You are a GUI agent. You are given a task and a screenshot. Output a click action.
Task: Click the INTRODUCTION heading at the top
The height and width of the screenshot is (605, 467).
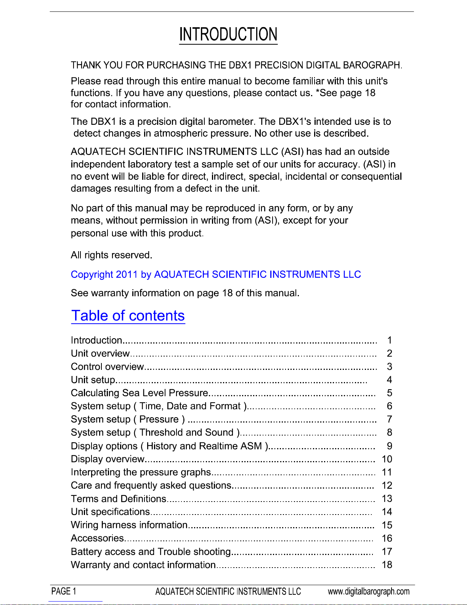[228, 34]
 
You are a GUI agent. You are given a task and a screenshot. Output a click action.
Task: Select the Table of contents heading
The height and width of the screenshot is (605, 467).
[128, 316]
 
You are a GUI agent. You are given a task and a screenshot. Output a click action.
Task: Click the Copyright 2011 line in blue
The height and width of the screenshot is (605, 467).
[216, 274]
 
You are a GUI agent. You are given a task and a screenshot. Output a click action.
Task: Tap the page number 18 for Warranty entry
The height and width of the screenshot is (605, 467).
[387, 565]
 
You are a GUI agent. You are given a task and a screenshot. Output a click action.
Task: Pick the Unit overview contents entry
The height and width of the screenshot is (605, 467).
[100, 353]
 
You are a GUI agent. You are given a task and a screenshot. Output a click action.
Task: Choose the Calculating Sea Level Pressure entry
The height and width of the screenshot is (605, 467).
[140, 393]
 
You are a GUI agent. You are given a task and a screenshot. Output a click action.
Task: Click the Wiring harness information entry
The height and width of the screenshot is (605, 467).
[129, 525]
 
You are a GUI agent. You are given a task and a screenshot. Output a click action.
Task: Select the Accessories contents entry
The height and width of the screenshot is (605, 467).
[97, 538]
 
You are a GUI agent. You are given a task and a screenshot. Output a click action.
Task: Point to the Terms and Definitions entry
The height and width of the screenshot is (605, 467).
[119, 499]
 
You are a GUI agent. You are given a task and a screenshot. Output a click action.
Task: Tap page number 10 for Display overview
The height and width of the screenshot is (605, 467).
[387, 459]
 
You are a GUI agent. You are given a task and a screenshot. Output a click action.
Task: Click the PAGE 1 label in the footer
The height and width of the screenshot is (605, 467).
[64, 591]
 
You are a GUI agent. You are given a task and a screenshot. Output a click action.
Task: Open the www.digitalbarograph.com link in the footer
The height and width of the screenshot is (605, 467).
[369, 591]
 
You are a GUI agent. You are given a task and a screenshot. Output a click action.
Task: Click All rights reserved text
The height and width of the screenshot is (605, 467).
[111, 255]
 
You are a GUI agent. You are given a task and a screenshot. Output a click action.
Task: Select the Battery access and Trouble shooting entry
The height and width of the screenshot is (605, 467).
[151, 552]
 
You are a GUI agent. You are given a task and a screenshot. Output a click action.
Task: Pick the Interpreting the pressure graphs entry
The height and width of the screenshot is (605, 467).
[141, 472]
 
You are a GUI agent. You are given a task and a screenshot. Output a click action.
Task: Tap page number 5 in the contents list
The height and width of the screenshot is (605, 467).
[389, 393]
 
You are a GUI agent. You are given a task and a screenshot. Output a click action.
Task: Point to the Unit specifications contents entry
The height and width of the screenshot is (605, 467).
[111, 511]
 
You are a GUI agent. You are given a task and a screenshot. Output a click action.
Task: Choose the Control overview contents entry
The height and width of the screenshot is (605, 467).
[107, 366]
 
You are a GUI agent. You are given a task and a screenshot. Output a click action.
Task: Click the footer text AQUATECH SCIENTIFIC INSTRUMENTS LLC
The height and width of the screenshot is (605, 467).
[228, 591]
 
